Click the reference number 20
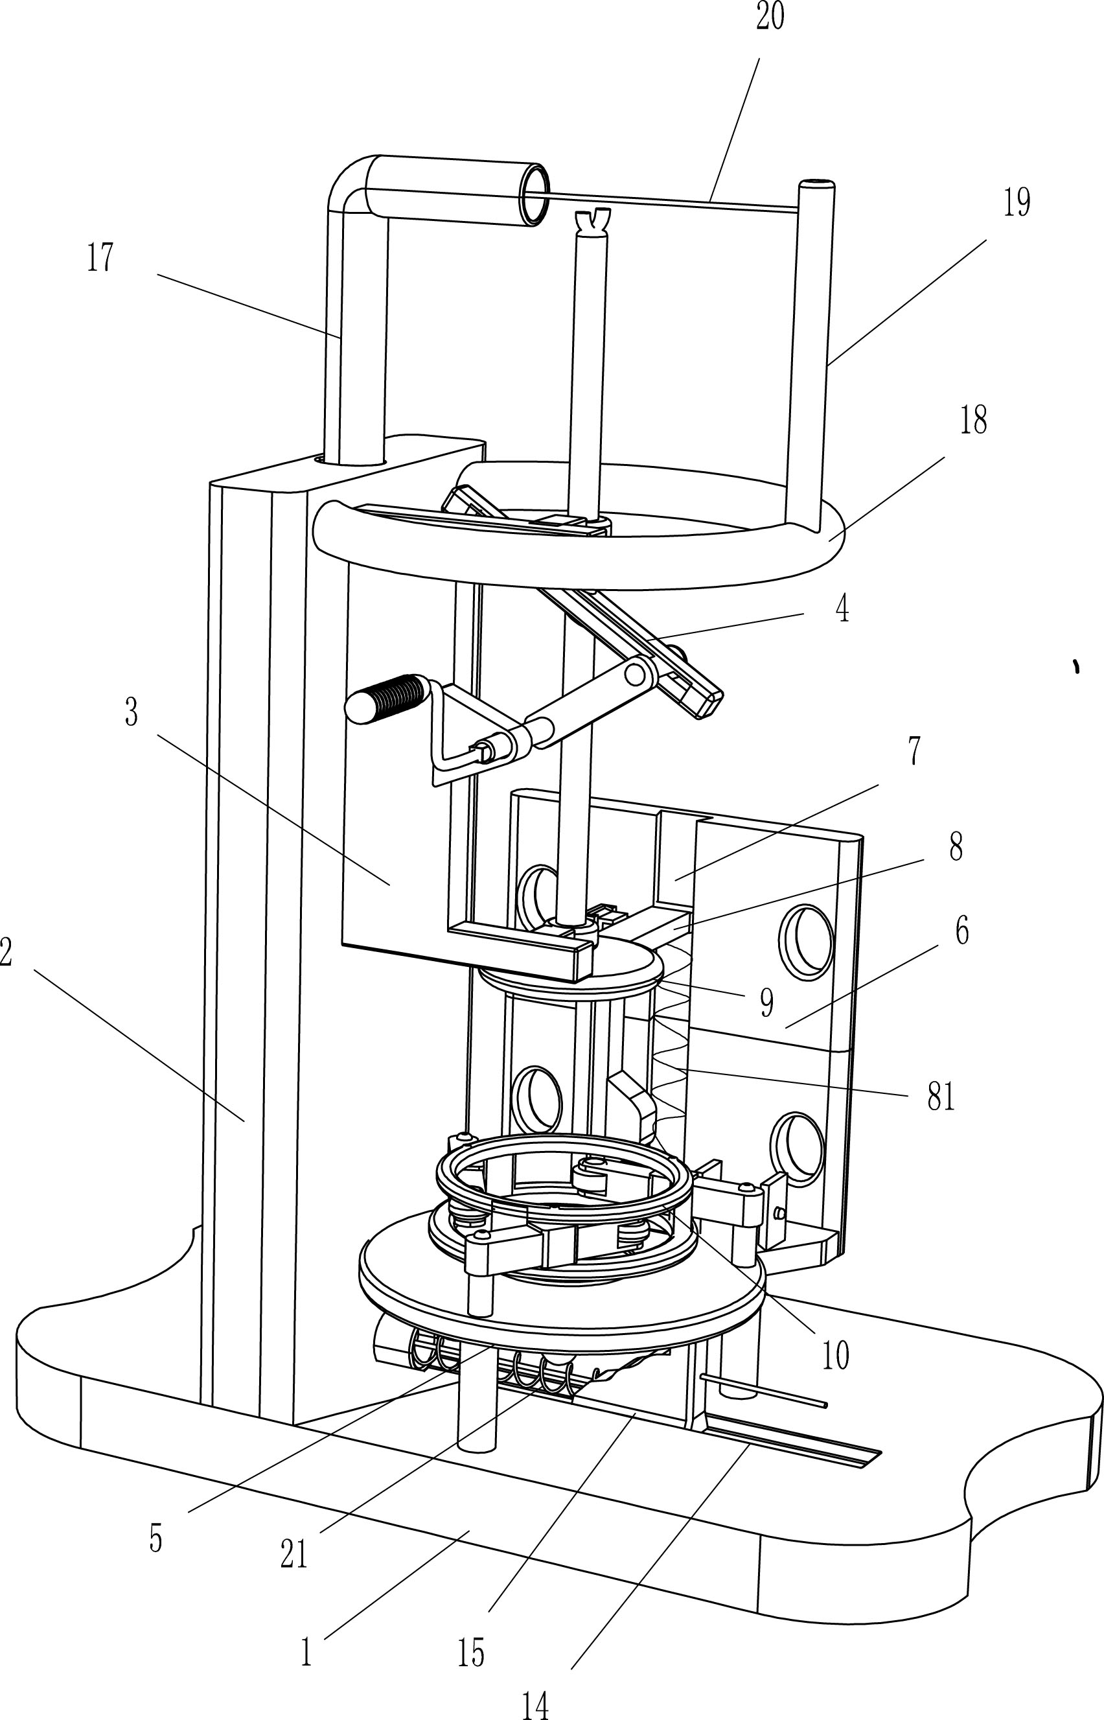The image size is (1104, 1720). (x=770, y=16)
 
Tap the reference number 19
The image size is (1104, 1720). (x=1016, y=203)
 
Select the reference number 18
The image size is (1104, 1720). (x=973, y=421)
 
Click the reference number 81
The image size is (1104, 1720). (x=941, y=1097)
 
